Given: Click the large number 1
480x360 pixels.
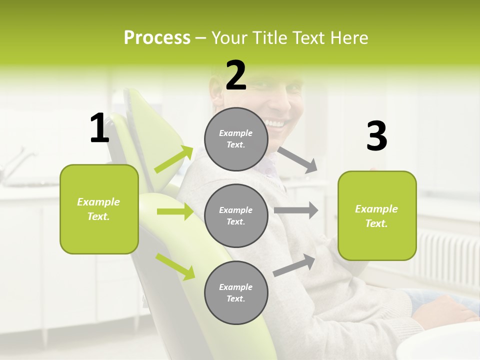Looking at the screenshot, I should pyautogui.click(x=99, y=128).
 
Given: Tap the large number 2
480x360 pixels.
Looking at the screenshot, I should pyautogui.click(x=236, y=75).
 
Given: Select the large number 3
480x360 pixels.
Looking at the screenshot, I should pyautogui.click(x=376, y=136).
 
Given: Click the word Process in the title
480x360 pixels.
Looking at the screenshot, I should pyautogui.click(x=157, y=37).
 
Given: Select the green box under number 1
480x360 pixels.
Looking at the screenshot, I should pyautogui.click(x=99, y=209).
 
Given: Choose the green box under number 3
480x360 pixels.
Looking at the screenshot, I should pyautogui.click(x=377, y=215).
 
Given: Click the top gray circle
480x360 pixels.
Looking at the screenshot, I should pyautogui.click(x=236, y=139).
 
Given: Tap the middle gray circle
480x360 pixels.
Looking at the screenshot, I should pyautogui.click(x=236, y=215).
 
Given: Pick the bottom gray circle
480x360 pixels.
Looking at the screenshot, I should pyautogui.click(x=236, y=292).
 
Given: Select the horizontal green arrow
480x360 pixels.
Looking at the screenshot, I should pyautogui.click(x=175, y=211).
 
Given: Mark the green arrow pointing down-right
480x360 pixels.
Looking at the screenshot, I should pyautogui.click(x=175, y=266).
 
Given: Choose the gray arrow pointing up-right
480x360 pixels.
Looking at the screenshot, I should pyautogui.click(x=294, y=265).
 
